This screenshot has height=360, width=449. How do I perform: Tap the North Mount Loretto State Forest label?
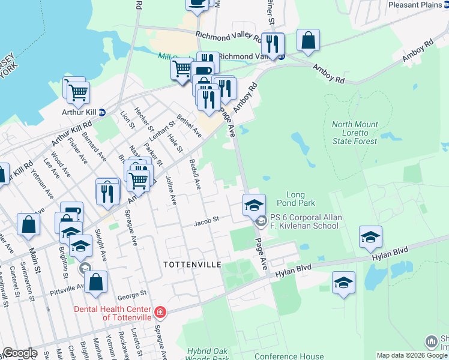coord(355,133)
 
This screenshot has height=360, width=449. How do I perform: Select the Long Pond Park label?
coord(296,199)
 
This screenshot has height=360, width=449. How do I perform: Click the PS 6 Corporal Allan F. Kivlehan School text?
coord(306,221)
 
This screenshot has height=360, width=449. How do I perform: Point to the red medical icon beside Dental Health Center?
coord(160,312)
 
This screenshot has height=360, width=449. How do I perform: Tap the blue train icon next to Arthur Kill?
coord(102,112)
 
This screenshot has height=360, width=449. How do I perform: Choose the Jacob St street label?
coord(205,223)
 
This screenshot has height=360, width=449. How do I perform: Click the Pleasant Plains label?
coord(415,5)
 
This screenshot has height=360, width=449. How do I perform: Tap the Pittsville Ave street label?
coord(67,287)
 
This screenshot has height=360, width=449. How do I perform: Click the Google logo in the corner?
coord(20,353)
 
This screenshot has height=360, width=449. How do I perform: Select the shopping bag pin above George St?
coord(96,282)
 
